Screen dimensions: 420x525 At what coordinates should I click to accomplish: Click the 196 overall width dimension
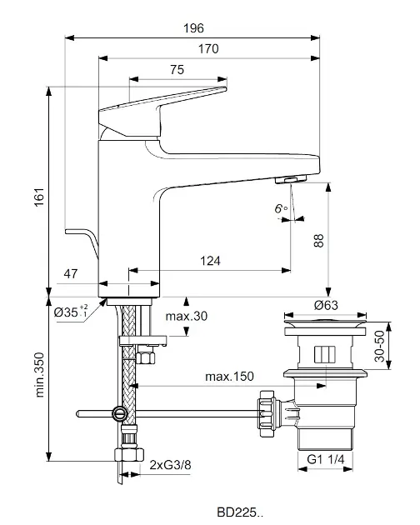(x=193, y=28)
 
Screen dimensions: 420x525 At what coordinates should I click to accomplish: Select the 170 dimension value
(x=208, y=49)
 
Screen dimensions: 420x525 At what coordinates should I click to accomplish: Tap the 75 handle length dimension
(x=177, y=70)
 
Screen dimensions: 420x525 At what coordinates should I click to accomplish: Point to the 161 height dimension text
(x=39, y=197)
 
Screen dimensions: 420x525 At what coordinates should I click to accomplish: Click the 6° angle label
(x=281, y=208)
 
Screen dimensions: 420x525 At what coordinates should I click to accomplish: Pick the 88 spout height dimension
(x=318, y=241)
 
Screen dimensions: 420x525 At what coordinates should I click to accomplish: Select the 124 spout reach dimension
(x=210, y=261)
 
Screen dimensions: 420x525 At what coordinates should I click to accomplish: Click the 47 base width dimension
(x=71, y=274)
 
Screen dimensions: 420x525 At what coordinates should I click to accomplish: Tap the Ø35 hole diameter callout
(x=71, y=312)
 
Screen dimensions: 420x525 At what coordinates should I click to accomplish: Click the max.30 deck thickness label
(x=187, y=316)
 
